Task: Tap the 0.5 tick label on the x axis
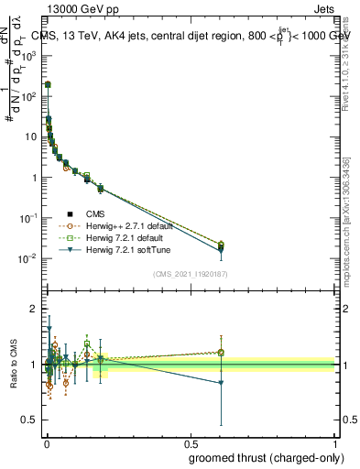pyautogui.click(x=190, y=444)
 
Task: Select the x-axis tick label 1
pyautogui.click(x=334, y=444)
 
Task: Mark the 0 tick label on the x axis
pyautogui.click(x=46, y=444)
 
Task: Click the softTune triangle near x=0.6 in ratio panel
pyautogui.click(x=220, y=383)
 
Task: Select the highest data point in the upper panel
pyautogui.click(x=48, y=84)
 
